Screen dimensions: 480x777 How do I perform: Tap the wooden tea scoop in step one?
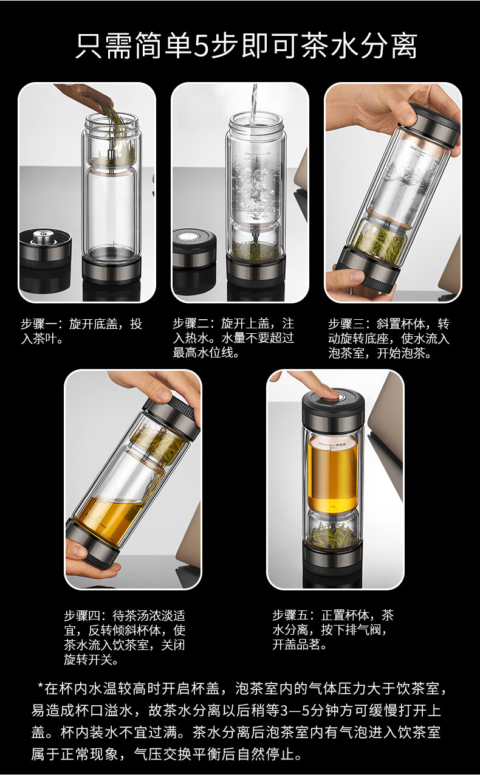click(87, 97)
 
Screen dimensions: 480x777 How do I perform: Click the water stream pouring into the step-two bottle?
click(254, 104)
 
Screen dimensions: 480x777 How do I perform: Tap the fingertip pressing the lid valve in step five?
click(330, 393)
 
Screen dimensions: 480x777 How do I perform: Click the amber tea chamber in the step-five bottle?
click(332, 474)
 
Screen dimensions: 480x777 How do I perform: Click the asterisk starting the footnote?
click(40, 686)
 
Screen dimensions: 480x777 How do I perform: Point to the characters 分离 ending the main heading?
click(389, 46)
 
